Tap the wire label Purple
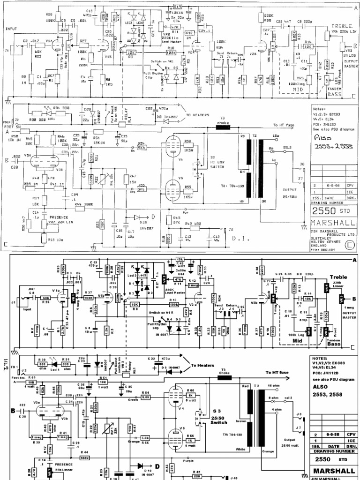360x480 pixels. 188,461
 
